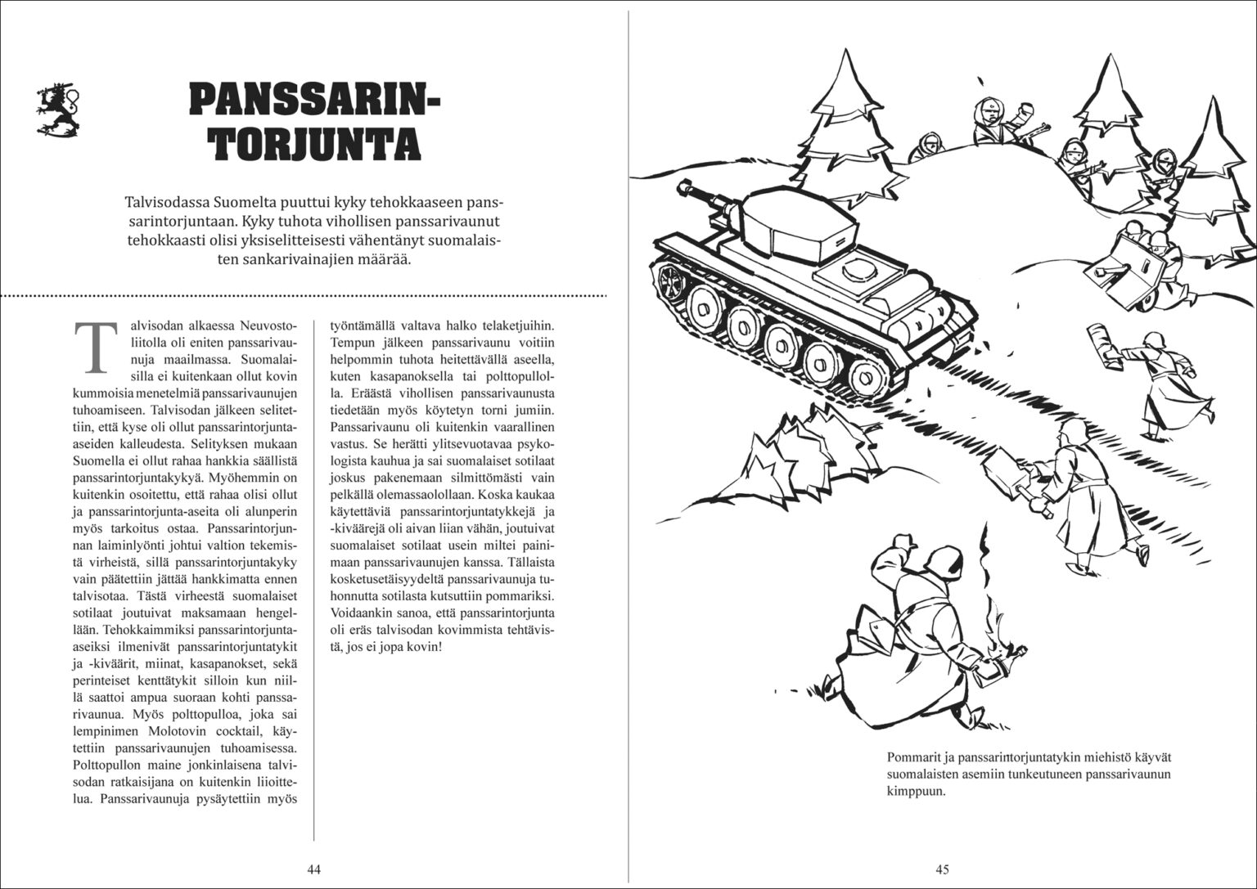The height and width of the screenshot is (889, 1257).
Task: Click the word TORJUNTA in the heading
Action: click(314, 142)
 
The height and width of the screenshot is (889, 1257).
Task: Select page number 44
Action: click(313, 869)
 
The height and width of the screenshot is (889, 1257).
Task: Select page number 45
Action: click(942, 869)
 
